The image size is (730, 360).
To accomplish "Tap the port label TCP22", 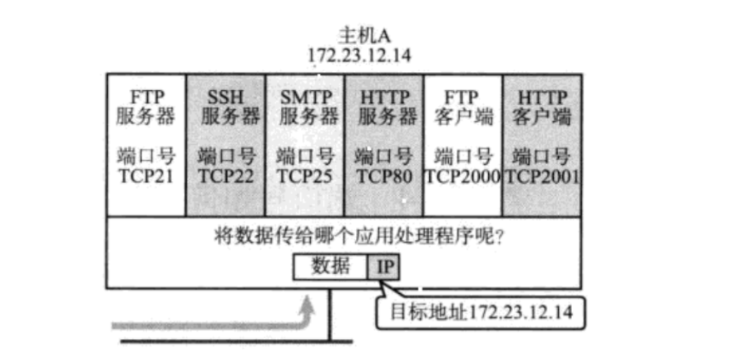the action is (225, 175).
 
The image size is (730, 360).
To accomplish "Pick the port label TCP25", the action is (304, 175).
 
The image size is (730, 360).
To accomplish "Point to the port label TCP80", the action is (383, 175).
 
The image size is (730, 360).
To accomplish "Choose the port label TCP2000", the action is (462, 175).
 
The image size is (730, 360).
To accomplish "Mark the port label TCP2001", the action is (543, 175).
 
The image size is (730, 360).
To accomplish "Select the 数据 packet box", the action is (330, 266).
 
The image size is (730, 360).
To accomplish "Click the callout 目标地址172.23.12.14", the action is (481, 311).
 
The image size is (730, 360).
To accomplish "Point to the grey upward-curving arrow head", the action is (307, 302).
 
